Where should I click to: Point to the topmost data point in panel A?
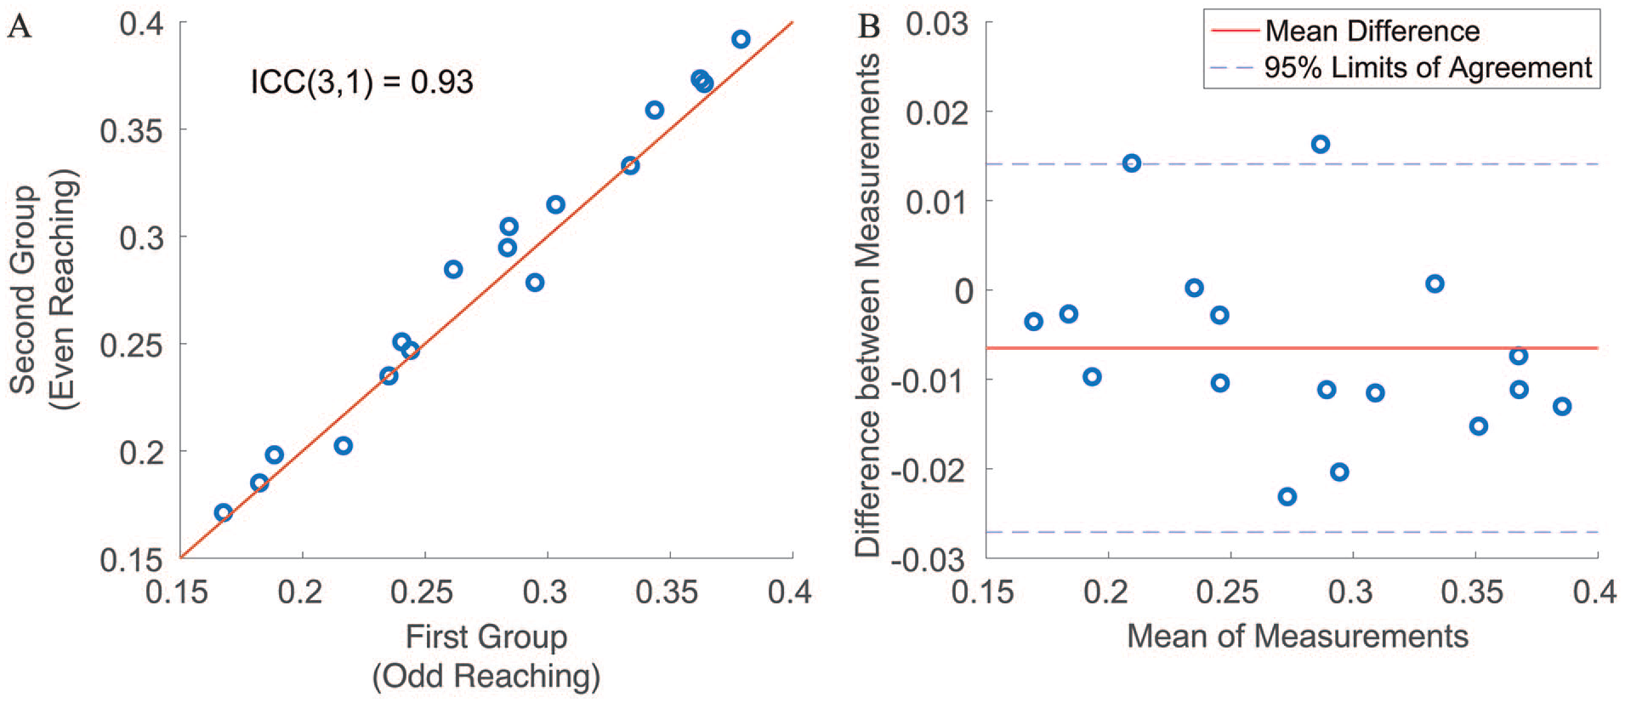(x=741, y=39)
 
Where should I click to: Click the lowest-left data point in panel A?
(x=224, y=512)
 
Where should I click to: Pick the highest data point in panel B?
(x=1321, y=145)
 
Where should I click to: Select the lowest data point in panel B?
(x=1287, y=496)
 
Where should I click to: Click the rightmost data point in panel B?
(x=1562, y=407)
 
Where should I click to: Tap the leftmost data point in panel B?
(x=1034, y=322)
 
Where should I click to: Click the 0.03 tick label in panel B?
(x=936, y=24)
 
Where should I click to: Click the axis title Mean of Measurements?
(x=1298, y=637)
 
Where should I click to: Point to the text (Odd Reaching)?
(x=486, y=677)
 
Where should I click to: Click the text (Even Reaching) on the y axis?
(x=64, y=289)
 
